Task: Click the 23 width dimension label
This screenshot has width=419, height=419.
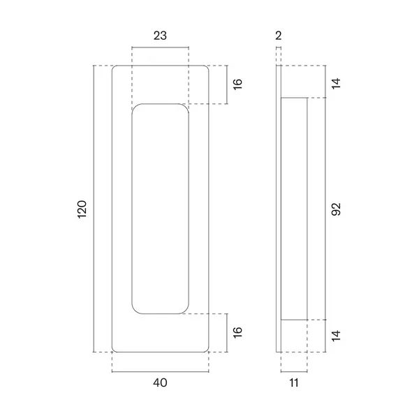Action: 160,36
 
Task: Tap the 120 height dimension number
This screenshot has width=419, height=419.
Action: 82,209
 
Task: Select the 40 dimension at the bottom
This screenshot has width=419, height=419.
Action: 160,383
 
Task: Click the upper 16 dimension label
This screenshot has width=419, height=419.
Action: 237,84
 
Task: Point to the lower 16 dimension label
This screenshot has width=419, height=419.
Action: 237,332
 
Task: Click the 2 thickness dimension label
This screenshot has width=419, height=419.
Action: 279,36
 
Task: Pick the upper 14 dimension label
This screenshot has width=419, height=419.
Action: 336,83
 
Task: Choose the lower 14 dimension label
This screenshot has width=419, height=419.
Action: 336,336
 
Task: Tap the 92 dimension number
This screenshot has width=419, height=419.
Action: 336,209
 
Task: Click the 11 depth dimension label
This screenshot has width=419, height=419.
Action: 294,383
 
